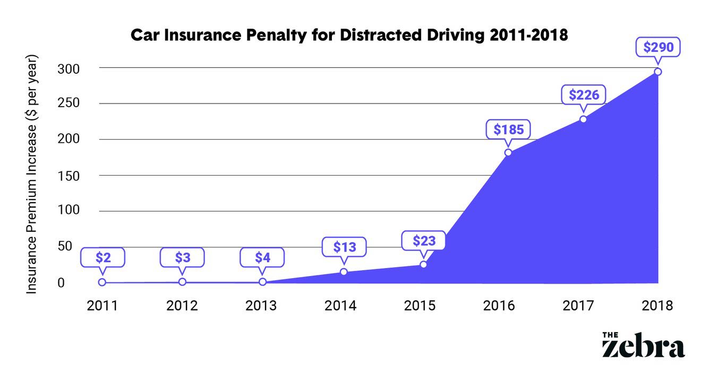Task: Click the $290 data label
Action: [x=658, y=47]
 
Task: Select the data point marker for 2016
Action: [x=508, y=152]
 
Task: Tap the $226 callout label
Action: [x=584, y=95]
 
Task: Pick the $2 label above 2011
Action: [x=103, y=257]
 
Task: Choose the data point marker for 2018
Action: [x=657, y=72]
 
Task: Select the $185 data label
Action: [x=508, y=129]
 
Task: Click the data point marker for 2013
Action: [x=262, y=282]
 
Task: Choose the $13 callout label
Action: [x=344, y=247]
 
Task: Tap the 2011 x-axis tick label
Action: [x=102, y=306]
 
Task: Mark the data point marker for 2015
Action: [x=423, y=264]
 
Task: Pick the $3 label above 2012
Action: [x=182, y=257]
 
